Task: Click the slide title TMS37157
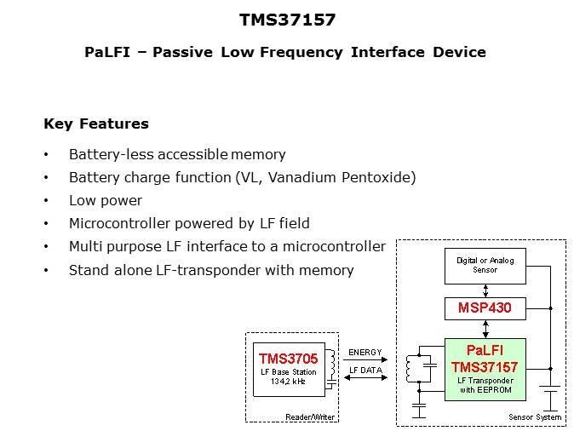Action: (286, 20)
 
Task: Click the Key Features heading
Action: (96, 124)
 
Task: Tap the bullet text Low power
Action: (106, 200)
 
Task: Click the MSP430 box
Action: (485, 307)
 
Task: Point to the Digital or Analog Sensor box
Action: (485, 266)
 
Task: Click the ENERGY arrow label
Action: (365, 352)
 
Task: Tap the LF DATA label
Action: (365, 370)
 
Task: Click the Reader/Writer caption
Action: (310, 417)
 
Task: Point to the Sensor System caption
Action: (535, 417)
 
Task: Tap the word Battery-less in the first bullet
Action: (108, 154)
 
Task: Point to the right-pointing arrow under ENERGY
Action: (366, 360)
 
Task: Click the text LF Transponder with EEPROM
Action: (485, 384)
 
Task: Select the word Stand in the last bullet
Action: (89, 270)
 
